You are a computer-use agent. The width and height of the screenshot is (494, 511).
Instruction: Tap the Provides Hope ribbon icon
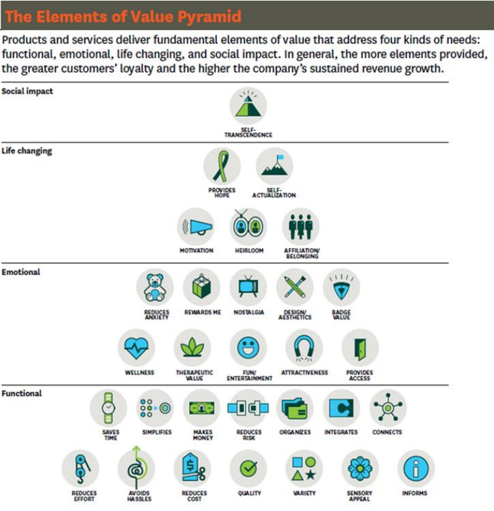222,166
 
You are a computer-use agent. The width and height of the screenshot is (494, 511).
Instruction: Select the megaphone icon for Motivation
196,227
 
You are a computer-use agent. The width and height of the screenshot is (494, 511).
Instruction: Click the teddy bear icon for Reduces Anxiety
156,287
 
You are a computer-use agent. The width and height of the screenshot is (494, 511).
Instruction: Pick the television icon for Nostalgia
248,287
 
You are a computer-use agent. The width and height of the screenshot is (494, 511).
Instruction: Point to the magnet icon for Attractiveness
304,347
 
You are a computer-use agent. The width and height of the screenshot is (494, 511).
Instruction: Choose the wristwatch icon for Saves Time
109,408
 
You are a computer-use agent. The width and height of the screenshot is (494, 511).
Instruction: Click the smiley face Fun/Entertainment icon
248,347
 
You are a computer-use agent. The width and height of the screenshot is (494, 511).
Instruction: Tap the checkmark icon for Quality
248,468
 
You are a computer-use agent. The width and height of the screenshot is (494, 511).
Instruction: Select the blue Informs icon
415,468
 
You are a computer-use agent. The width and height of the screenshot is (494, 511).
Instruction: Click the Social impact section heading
27,92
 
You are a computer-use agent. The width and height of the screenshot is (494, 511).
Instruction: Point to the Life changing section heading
27,151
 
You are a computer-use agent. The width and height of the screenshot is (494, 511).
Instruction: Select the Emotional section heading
22,272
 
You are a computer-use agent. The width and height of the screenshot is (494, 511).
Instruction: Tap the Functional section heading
22,393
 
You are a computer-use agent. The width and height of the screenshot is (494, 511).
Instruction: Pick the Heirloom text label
248,251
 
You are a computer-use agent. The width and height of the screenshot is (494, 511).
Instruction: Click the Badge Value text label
341,315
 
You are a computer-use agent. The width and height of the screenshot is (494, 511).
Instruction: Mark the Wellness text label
136,372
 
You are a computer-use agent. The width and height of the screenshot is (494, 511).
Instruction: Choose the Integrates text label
341,432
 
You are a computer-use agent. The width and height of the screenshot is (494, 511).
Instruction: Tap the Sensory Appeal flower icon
359,468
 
